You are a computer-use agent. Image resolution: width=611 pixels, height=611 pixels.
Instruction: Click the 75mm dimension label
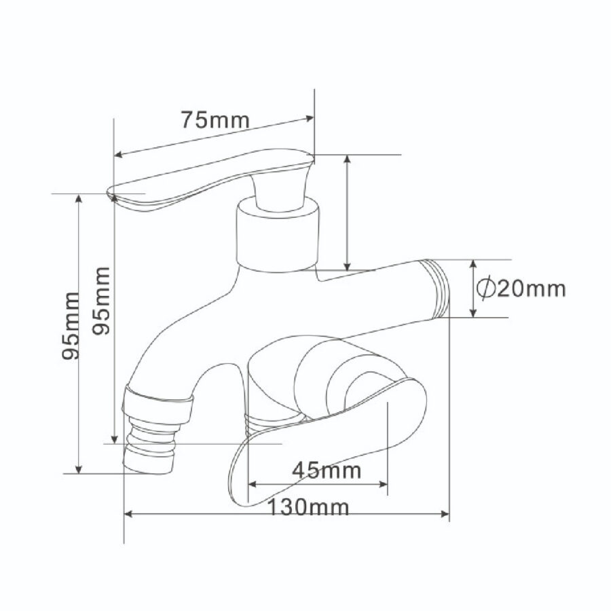tap(215, 119)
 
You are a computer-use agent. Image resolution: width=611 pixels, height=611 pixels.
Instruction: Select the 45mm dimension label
tap(327, 470)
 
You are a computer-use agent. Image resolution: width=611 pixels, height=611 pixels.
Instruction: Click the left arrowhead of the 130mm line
tap(129, 514)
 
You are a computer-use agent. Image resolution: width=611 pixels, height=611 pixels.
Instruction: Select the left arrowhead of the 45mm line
tap(252, 484)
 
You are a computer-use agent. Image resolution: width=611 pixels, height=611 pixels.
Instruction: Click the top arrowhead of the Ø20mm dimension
tap(473, 264)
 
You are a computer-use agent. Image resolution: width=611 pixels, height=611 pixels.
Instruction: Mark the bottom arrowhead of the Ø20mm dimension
tap(473, 313)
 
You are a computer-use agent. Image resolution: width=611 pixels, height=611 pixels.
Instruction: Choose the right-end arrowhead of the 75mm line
tap(310, 119)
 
